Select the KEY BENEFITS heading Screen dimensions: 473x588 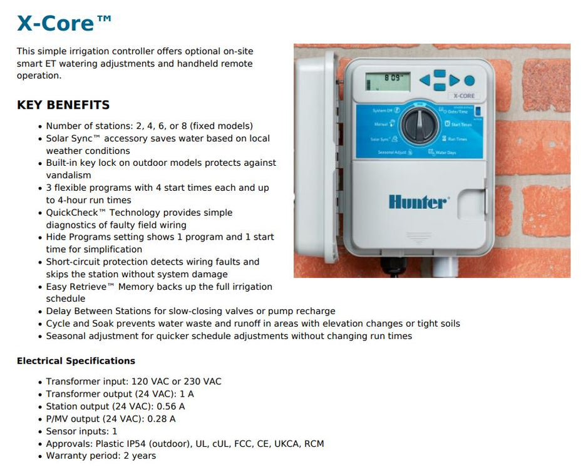point(63,105)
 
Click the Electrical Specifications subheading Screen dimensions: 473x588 point(76,361)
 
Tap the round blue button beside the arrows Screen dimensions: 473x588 point(469,80)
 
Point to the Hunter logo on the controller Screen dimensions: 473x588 point(418,201)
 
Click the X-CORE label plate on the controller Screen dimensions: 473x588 point(463,96)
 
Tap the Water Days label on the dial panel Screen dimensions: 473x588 point(445,152)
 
